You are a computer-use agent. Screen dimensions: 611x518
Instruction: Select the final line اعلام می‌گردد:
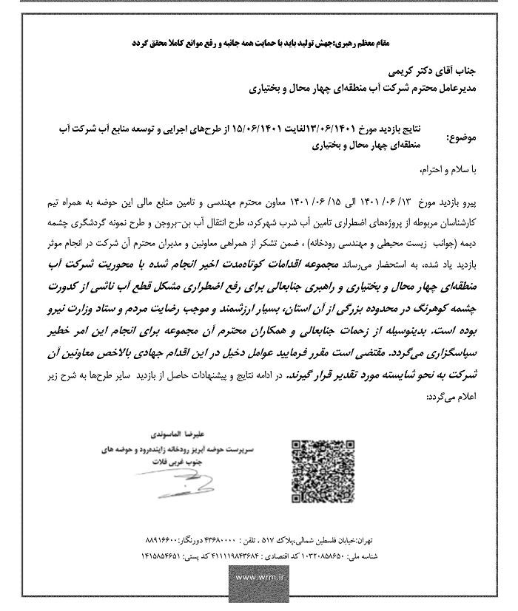[451, 397]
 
